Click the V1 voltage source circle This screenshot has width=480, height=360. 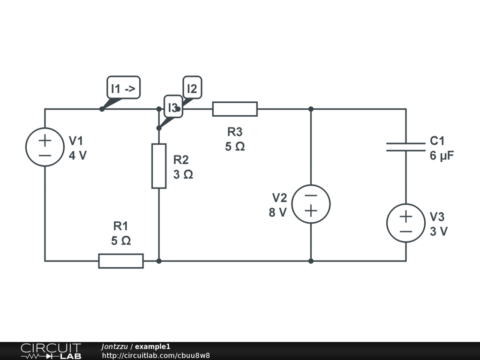pos(26,147)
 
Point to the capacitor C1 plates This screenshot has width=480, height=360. pos(406,147)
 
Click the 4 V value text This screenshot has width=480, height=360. pos(78,156)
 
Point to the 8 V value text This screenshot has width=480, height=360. pos(277,212)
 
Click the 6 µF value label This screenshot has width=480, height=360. pos(442,156)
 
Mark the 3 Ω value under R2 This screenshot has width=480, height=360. pos(183,174)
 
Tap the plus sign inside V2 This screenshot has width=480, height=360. pos(311,211)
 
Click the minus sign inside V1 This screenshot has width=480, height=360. pos(45,156)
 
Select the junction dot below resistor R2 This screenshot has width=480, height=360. pos(159,261)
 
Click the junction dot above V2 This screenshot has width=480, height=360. pos(311,109)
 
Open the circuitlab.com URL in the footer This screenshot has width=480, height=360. pos(156,355)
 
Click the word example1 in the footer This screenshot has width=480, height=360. pos(152,346)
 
